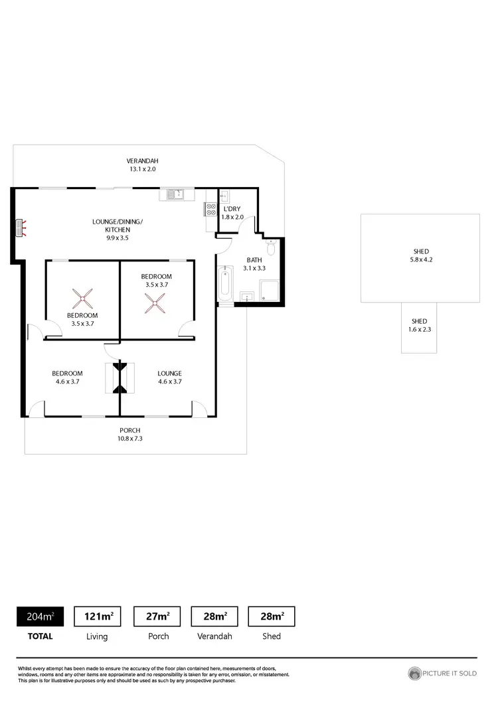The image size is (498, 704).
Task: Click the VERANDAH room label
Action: click(143, 161)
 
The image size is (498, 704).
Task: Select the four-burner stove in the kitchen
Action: click(212, 209)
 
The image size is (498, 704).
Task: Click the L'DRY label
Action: click(233, 209)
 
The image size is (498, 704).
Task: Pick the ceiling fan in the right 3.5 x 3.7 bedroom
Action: click(157, 304)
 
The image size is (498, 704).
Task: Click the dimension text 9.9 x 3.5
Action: click(117, 238)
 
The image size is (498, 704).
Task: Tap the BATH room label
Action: click(254, 260)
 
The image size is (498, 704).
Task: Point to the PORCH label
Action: click(130, 431)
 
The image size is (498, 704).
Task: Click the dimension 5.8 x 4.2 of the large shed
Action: click(420, 260)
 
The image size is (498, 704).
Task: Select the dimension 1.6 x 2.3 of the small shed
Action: click(420, 329)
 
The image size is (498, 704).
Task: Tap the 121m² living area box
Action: click(97, 616)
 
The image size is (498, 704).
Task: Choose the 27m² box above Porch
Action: click(157, 616)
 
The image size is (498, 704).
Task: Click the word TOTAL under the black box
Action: click(40, 636)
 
